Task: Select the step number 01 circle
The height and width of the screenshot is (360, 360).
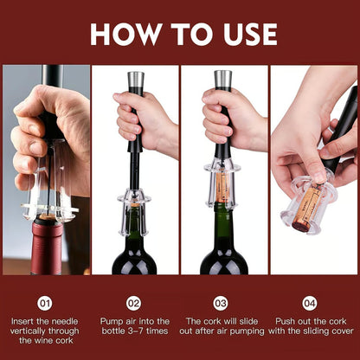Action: click(45, 304)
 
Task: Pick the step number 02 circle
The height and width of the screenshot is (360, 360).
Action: click(133, 304)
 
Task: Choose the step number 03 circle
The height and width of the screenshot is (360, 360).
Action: click(222, 304)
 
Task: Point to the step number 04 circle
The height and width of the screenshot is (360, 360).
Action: click(310, 304)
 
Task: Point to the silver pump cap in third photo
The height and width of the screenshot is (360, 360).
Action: click(222, 80)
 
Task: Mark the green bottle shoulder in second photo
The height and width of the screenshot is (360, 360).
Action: click(134, 247)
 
